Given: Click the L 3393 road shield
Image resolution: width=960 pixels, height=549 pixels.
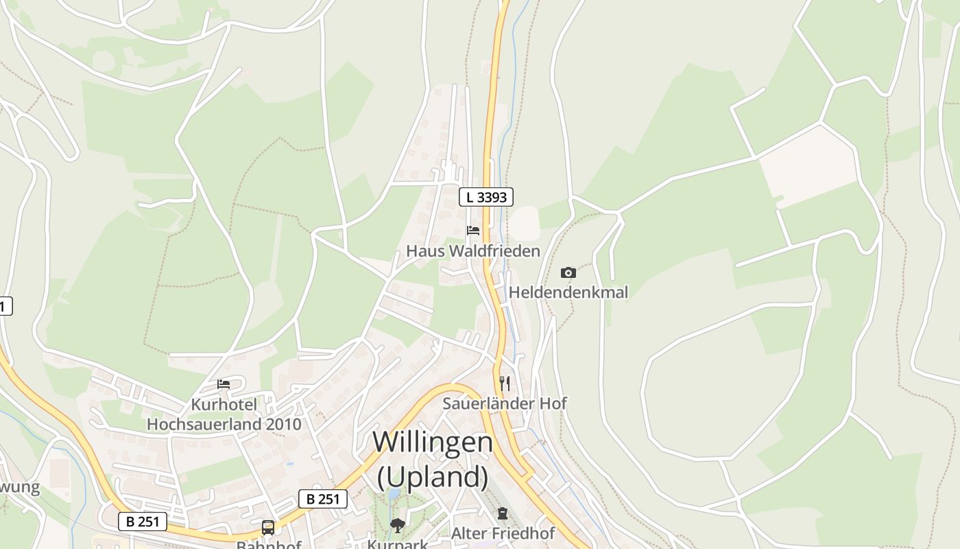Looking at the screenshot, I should click(486, 197).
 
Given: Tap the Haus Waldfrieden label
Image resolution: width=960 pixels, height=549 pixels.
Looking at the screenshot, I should click(473, 251).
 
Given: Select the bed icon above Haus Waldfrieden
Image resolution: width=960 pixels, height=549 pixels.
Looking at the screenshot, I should click(473, 230).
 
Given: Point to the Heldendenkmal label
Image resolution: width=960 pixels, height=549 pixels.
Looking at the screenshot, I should click(568, 292).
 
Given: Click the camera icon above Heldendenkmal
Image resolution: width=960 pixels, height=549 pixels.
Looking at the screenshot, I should click(568, 272).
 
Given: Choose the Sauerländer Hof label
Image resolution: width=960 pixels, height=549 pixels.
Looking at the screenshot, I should click(505, 403).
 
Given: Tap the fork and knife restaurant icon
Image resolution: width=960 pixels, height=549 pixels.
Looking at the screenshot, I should click(505, 382).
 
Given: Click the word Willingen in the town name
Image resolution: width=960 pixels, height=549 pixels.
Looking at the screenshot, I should click(433, 441).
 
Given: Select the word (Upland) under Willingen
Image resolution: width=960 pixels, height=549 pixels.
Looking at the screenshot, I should click(433, 476).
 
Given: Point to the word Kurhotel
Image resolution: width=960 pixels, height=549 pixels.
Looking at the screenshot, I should click(224, 404).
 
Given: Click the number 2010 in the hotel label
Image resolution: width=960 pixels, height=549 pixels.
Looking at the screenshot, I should click(284, 424).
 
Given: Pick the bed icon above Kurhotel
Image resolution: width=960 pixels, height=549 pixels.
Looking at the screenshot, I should click(224, 384).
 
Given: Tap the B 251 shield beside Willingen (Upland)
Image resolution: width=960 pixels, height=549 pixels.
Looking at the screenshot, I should click(322, 499).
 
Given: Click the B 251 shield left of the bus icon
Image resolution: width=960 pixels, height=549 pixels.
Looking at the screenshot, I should click(143, 522).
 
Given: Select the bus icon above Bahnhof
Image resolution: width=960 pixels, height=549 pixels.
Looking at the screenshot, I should click(268, 527).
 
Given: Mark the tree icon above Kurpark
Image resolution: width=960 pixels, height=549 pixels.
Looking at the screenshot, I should click(397, 526).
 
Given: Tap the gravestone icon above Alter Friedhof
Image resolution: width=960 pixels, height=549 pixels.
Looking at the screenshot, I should click(503, 513).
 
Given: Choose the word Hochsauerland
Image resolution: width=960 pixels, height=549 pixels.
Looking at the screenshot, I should click(204, 424).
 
